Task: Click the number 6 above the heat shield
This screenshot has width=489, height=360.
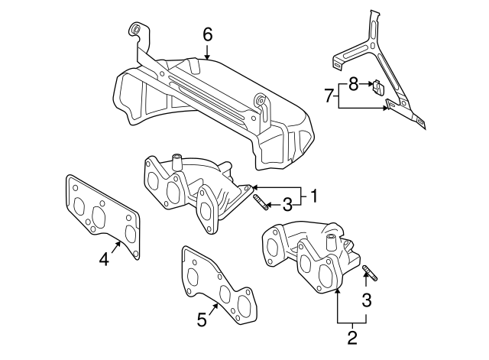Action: point(207,34)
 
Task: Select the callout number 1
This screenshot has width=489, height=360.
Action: point(313,196)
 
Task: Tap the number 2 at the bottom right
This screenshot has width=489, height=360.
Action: point(352,335)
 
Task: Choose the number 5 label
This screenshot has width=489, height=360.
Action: point(202,320)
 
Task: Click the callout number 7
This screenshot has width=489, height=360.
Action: point(329,96)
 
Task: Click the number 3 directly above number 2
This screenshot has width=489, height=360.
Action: point(367,300)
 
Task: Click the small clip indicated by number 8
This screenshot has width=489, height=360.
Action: point(377,86)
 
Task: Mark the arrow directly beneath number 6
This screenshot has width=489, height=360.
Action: point(207,53)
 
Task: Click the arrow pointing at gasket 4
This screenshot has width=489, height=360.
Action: point(117,245)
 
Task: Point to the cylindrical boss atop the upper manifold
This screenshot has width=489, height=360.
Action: point(176,162)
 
